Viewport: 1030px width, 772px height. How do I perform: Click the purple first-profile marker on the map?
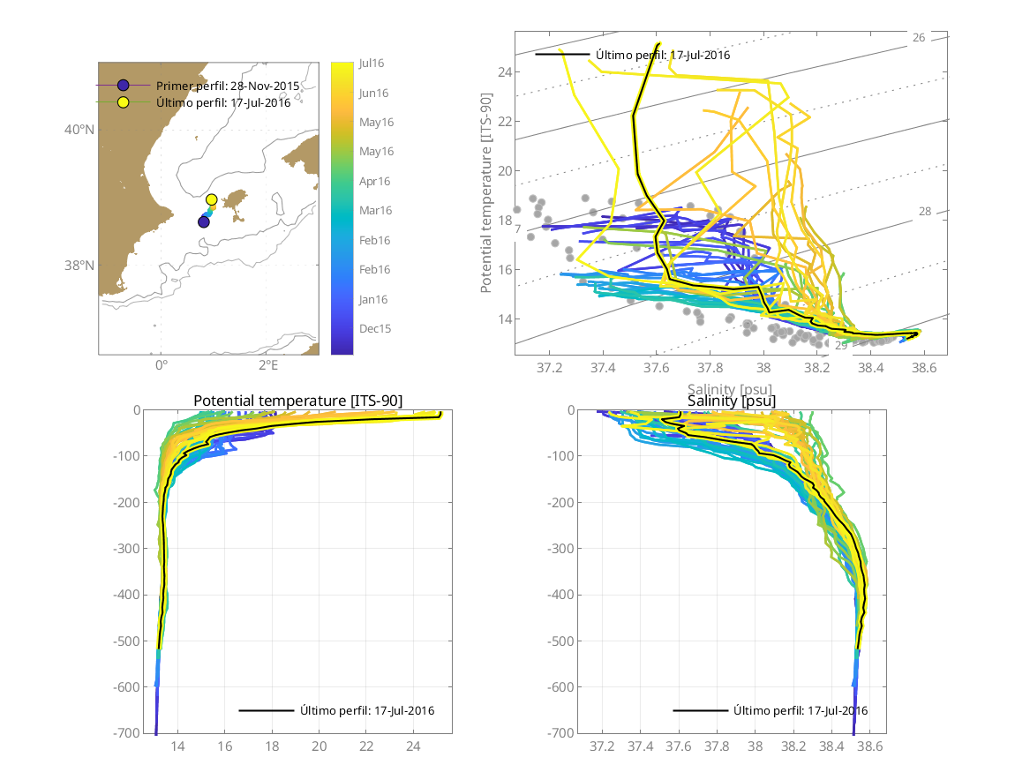(204, 221)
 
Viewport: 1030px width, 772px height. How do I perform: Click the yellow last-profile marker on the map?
(212, 199)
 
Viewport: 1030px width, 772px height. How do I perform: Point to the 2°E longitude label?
(268, 364)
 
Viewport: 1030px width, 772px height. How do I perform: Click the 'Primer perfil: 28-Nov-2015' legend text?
(228, 86)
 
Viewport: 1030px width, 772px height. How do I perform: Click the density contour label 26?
(919, 38)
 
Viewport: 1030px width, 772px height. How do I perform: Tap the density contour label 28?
(925, 212)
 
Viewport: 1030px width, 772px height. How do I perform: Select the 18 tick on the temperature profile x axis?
(272, 746)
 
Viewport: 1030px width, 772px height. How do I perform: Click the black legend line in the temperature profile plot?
(266, 710)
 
